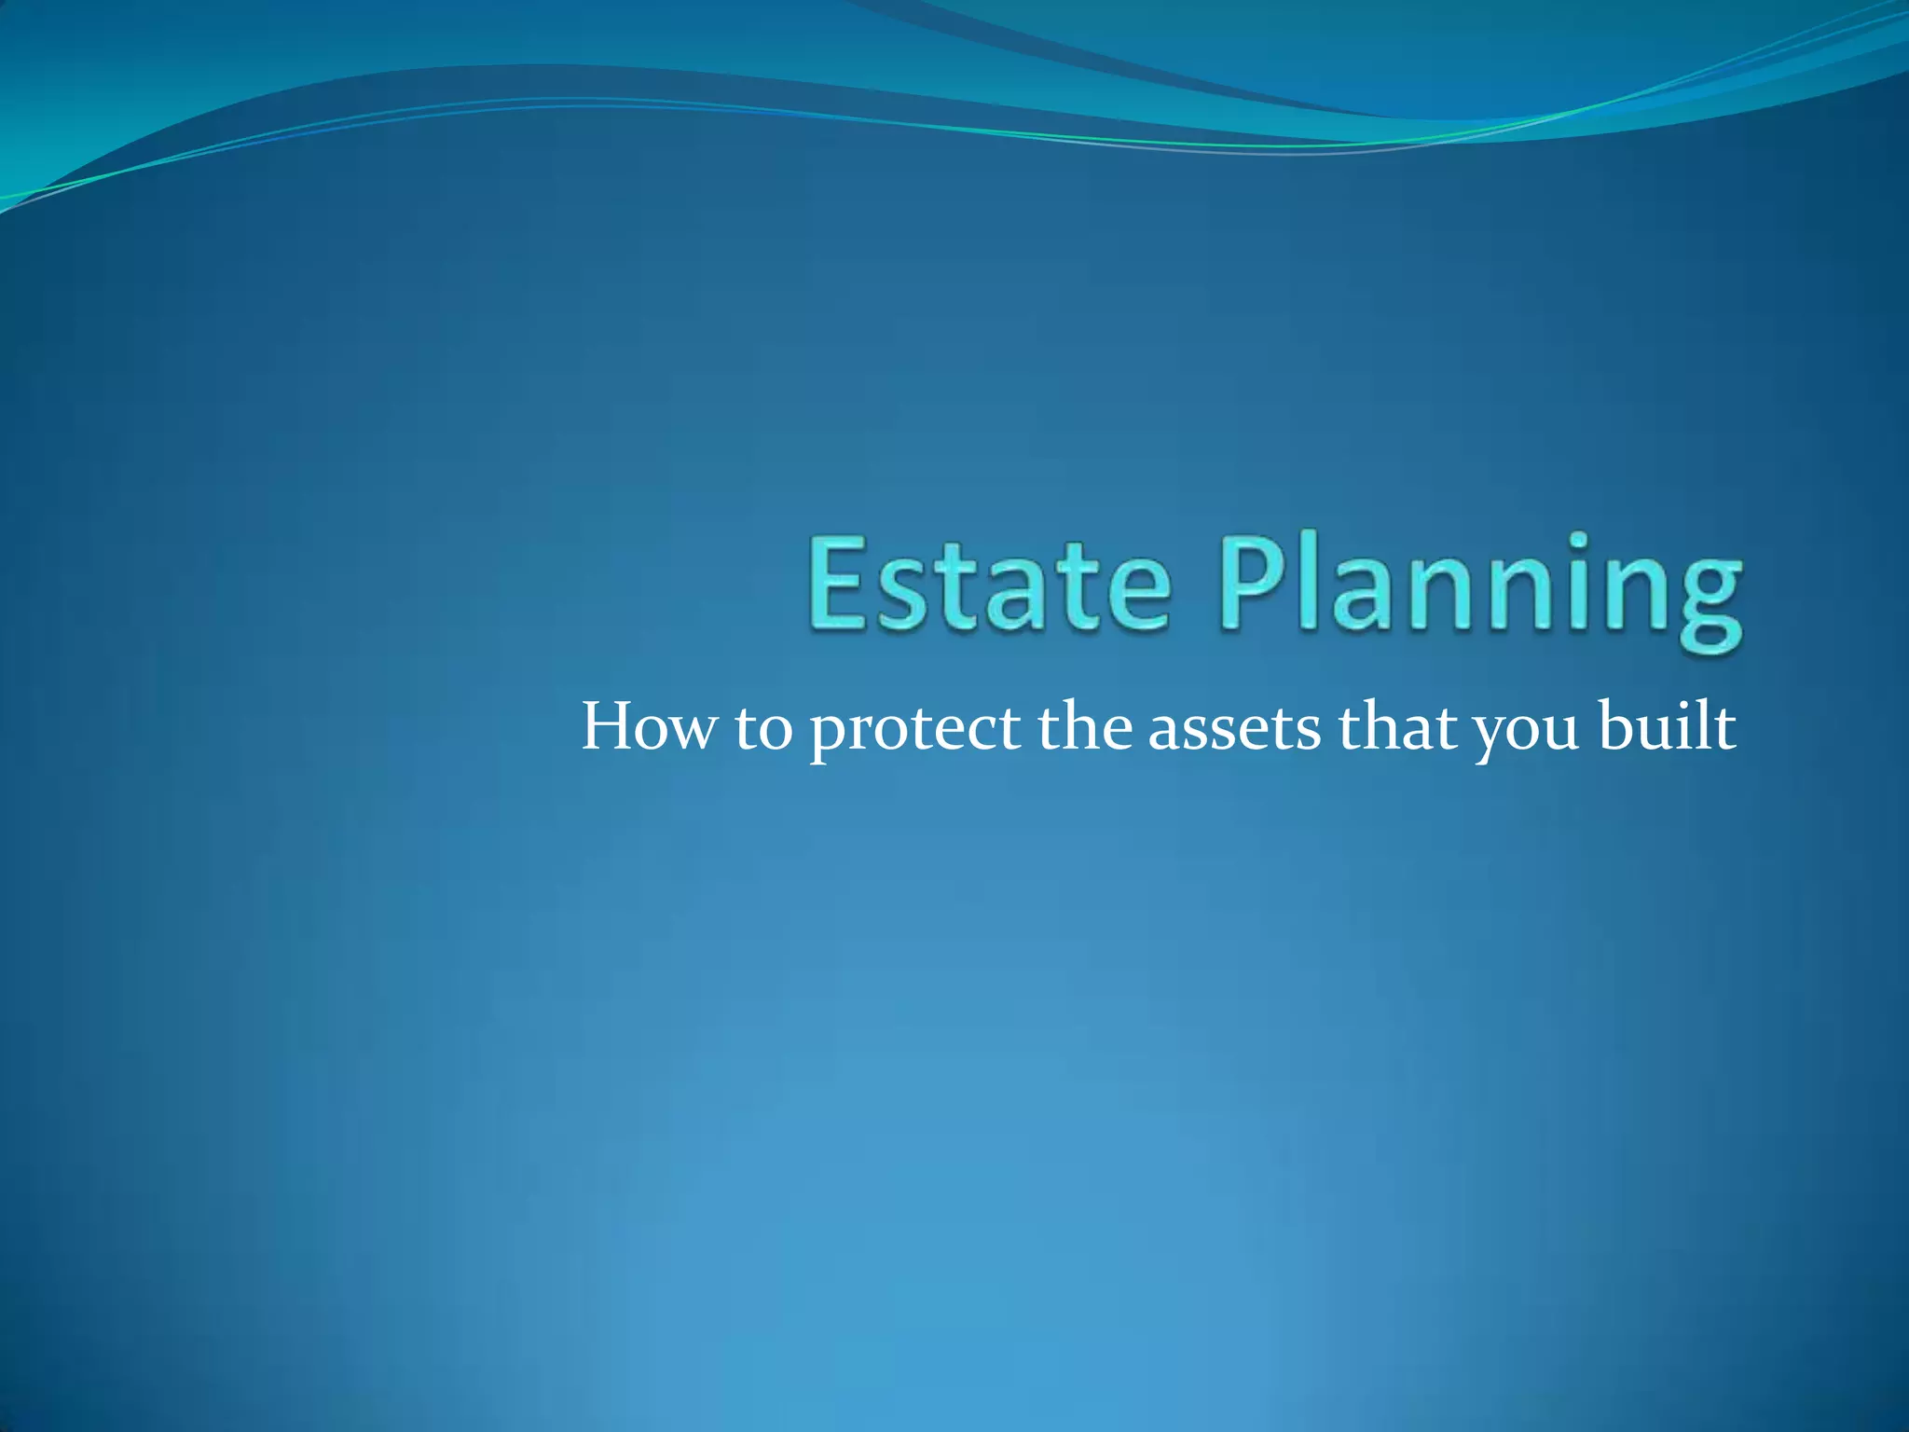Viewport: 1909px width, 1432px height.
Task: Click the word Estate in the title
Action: (988, 585)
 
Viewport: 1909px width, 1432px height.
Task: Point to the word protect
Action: (913, 731)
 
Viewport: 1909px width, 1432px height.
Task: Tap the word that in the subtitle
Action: (1395, 727)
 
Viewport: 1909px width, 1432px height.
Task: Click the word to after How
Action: (762, 729)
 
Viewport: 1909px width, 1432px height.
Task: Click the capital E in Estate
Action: (840, 585)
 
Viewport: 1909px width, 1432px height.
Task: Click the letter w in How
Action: (690, 733)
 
